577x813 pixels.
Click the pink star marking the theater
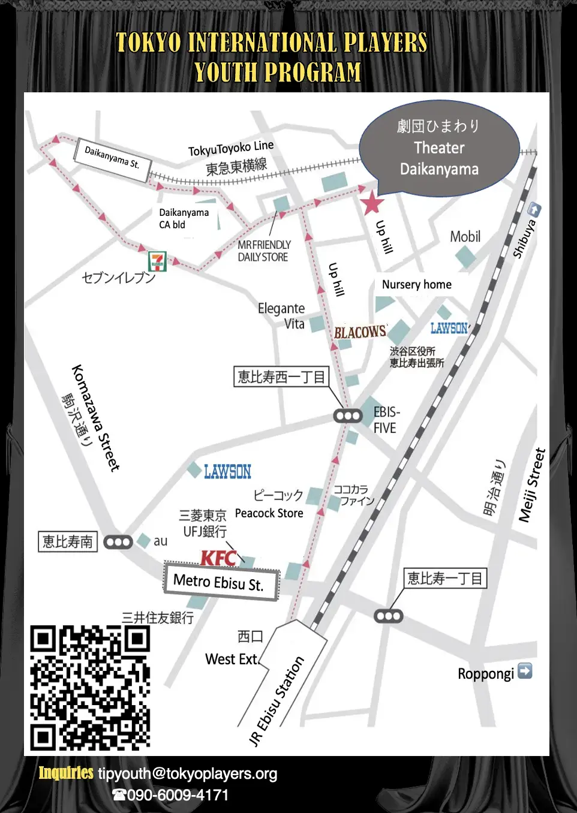click(x=372, y=203)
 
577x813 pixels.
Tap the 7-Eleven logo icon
click(x=157, y=261)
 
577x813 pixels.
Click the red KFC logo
click(x=218, y=558)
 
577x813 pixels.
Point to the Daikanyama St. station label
click(x=112, y=156)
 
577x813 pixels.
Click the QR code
click(x=90, y=688)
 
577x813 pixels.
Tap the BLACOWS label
click(x=360, y=332)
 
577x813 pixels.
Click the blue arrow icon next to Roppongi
click(x=525, y=671)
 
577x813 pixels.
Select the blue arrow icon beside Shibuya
click(x=534, y=210)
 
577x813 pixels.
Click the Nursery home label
click(x=417, y=285)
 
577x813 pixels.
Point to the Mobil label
click(x=465, y=237)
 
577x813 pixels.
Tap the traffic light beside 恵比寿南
click(x=118, y=542)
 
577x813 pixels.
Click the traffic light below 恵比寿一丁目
click(x=389, y=616)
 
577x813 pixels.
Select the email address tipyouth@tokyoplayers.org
click(x=188, y=773)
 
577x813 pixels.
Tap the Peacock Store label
click(x=269, y=513)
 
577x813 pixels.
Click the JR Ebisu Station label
click(x=277, y=701)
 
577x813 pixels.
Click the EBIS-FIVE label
click(x=386, y=420)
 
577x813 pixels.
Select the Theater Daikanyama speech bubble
click(x=439, y=148)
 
